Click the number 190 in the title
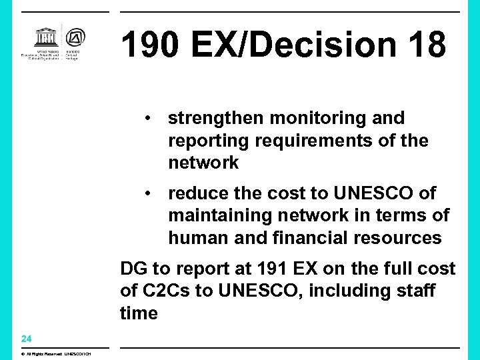pyautogui.click(x=150, y=45)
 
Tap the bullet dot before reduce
pyautogui.click(x=153, y=193)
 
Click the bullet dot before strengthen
pyautogui.click(x=153, y=118)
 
